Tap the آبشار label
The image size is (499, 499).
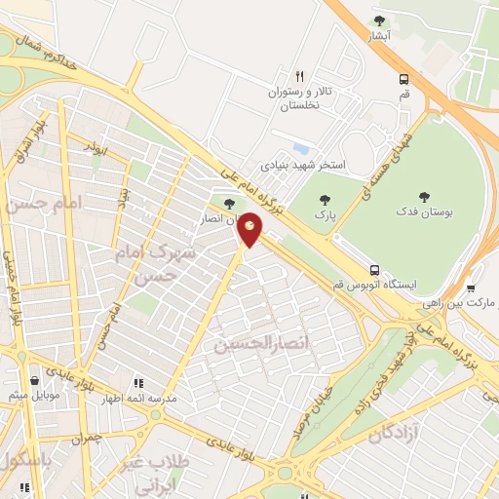(x=379, y=35)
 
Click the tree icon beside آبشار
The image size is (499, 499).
(x=379, y=20)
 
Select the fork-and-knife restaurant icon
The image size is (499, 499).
(x=300, y=75)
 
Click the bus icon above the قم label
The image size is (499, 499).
(x=404, y=80)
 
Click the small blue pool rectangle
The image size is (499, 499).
(x=300, y=148)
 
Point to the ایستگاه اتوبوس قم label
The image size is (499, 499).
(x=373, y=285)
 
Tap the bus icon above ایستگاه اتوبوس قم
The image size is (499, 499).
(x=374, y=269)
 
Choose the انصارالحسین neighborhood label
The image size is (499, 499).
(x=254, y=344)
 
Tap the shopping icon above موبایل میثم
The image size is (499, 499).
(x=36, y=380)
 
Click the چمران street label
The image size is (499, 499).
(x=86, y=439)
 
